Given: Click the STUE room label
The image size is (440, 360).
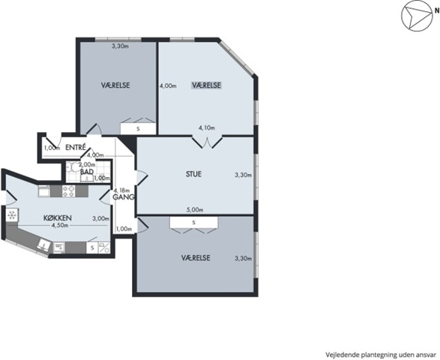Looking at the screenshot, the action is [193, 174].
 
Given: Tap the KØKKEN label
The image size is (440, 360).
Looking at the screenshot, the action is [58, 218].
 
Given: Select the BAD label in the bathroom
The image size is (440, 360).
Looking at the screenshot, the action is [87, 172].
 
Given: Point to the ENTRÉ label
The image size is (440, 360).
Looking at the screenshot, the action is [76, 148].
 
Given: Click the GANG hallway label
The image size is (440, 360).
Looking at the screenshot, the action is [124, 197].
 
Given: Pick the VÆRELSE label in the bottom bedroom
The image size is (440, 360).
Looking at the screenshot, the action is [196, 258].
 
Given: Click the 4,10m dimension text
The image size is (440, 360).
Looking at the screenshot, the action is [207, 128].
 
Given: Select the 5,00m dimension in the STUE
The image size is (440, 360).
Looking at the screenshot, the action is [195, 210].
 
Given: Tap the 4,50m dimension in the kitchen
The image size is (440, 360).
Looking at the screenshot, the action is [59, 225].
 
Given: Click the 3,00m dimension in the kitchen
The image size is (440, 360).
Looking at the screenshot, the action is [100, 218].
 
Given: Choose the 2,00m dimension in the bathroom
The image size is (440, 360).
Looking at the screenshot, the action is [87, 164].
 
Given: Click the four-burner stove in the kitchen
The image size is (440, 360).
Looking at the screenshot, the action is [69, 191].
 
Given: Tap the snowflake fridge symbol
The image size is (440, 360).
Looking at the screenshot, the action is [12, 215].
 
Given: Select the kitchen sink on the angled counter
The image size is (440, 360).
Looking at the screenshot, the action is [43, 244].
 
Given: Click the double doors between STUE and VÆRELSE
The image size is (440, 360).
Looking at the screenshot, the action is [207, 142].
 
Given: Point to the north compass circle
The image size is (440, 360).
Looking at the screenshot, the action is [416, 16].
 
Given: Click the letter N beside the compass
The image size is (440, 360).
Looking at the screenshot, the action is [437, 11].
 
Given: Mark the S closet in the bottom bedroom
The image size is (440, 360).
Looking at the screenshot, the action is [193, 223].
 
